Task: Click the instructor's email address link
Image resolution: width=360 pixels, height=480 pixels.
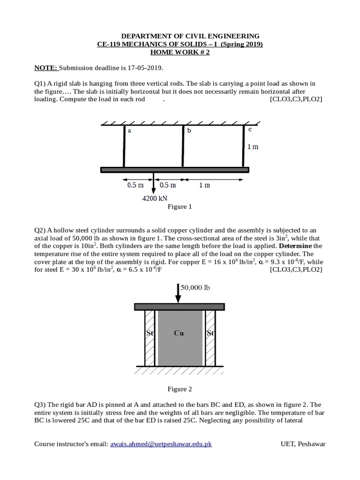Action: click(161, 443)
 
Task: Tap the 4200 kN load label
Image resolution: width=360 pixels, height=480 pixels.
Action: click(155, 198)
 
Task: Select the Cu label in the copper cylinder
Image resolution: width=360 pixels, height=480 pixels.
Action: click(179, 333)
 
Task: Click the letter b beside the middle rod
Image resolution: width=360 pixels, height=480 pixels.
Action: click(189, 131)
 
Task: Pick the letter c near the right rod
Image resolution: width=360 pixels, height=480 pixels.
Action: click(250, 129)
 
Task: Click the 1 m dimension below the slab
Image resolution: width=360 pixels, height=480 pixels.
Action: click(204, 185)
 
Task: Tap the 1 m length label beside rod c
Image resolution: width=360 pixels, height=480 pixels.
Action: click(253, 147)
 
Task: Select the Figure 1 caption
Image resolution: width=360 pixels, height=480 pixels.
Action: click(180, 207)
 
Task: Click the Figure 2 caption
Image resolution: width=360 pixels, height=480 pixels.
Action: click(180, 389)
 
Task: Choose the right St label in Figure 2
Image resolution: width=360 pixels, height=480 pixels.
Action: click(210, 334)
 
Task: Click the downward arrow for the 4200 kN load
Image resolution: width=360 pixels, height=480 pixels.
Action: click(153, 183)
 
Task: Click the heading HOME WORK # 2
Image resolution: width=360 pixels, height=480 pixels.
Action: click(180, 52)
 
